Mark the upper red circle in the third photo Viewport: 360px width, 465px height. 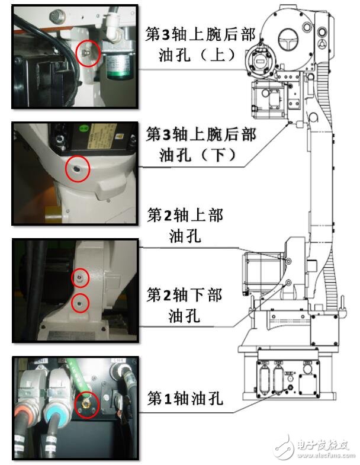tap(80, 277)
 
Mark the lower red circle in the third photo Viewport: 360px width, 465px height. tap(79, 303)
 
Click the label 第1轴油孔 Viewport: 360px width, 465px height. tap(185, 398)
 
